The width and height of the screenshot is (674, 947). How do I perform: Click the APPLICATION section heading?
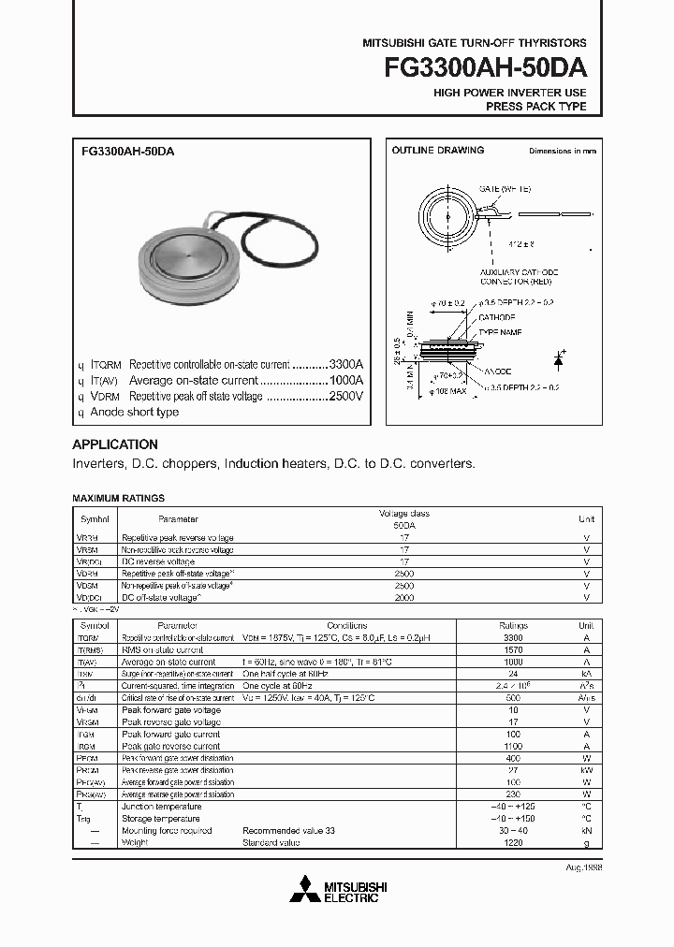[115, 444]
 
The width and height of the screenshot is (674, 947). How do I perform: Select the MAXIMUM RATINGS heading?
[118, 499]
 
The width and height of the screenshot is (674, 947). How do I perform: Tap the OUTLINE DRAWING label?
[437, 151]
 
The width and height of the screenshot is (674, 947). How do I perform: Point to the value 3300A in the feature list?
[344, 364]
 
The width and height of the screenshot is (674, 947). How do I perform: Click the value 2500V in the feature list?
[344, 396]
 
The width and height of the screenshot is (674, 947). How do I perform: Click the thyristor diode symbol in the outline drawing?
[559, 359]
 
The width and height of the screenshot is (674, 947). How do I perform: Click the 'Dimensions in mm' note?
[562, 151]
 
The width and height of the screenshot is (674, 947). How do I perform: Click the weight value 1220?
[513, 843]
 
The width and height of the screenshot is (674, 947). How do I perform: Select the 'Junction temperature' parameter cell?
[161, 807]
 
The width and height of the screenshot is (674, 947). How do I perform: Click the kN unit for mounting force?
[586, 831]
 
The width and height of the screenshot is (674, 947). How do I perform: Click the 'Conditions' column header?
[346, 626]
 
